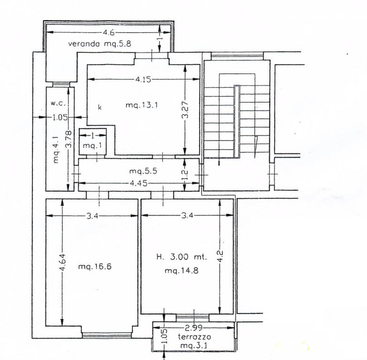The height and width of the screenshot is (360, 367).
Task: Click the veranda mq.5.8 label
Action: point(99,44)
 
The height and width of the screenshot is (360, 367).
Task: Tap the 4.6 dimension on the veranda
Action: point(109,32)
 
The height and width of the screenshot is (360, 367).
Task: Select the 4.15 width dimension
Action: point(143,79)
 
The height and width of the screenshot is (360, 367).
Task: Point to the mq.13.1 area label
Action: point(142,105)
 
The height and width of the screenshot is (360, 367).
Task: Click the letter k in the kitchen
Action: point(99,107)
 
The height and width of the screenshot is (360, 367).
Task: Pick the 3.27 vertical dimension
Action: point(185,110)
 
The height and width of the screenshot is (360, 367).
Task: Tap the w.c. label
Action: point(58,103)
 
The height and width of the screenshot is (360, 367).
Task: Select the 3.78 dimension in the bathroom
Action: point(69,139)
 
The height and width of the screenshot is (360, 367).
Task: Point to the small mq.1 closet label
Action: point(92,146)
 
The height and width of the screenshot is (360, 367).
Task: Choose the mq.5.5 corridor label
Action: point(143,171)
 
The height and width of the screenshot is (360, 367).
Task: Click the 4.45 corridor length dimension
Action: point(138,183)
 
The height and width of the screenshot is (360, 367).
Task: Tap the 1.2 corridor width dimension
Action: point(184,175)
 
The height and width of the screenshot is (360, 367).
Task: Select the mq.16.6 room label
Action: point(95,266)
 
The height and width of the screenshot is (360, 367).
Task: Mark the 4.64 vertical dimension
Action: point(62,262)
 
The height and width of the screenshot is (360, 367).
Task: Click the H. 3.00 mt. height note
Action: point(182,257)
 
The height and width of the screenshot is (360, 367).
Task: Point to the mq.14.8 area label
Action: point(182,270)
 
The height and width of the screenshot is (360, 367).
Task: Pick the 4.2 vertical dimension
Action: point(220,256)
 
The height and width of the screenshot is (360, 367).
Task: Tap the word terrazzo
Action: point(194,337)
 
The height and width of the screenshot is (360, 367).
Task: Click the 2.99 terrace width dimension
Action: point(194,328)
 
